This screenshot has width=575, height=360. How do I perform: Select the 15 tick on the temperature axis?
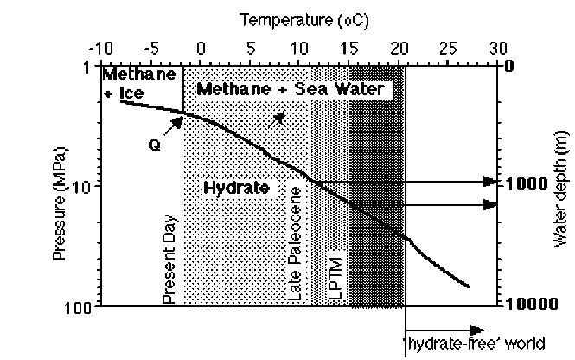[x=349, y=47]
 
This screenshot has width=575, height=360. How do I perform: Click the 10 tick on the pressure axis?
[x=87, y=186]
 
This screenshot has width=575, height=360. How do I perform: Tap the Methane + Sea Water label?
[x=290, y=89]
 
